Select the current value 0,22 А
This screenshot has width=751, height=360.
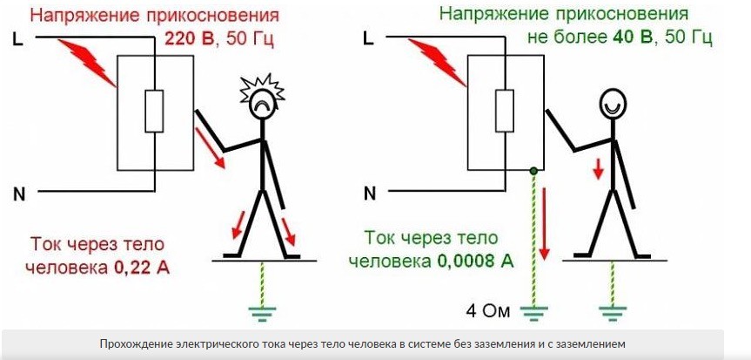(141, 268)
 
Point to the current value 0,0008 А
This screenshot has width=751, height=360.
(476, 262)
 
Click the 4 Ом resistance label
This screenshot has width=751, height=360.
(488, 311)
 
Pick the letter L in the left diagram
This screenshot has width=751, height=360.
(17, 40)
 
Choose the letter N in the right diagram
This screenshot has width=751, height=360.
(369, 193)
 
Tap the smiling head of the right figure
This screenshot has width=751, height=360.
(613, 103)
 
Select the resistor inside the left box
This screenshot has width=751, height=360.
(154, 111)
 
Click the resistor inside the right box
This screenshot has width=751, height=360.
(505, 111)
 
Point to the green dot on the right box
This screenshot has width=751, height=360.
(533, 170)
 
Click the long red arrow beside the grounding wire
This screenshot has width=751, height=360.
(544, 224)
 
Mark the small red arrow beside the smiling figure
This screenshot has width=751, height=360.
(597, 169)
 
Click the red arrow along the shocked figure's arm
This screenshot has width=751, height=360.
(210, 147)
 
